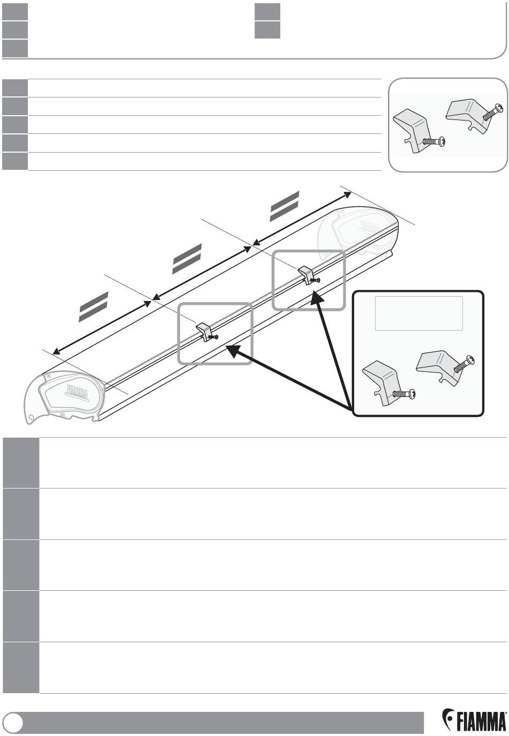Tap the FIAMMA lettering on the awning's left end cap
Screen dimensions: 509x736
[77, 392]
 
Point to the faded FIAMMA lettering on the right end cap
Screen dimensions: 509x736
[370, 226]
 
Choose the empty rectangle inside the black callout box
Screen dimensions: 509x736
[418, 313]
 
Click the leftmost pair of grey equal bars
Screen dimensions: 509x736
[94, 306]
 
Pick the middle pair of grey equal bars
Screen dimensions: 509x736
[187, 259]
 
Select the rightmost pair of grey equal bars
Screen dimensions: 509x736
[285, 206]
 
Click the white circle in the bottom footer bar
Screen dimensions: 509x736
[15, 722]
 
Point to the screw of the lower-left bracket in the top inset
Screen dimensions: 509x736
[434, 141]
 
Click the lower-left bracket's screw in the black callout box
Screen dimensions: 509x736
[404, 393]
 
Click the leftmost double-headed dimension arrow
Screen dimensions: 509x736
[102, 327]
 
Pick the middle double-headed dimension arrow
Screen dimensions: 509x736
[202, 273]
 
